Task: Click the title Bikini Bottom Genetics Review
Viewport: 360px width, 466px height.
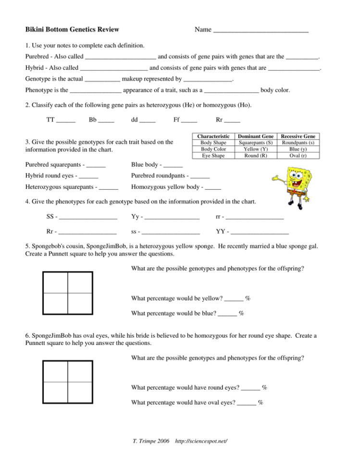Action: pos(72,30)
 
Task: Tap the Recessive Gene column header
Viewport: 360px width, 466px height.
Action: pos(298,136)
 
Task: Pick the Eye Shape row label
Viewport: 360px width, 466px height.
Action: pos(213,156)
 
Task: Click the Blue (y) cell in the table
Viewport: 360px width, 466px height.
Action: pos(298,149)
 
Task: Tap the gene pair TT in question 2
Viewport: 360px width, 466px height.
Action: pos(50,120)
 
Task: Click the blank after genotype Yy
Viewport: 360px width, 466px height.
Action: pos(172,219)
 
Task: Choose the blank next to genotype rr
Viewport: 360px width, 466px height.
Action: pos(257,219)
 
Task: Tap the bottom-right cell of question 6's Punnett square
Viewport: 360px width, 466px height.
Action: pos(80,393)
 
